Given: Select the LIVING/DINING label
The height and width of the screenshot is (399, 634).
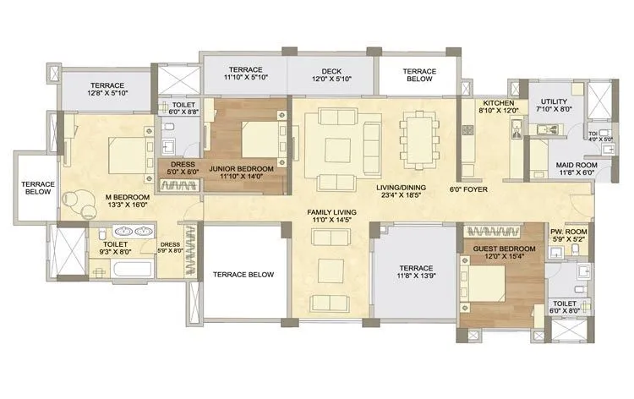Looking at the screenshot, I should [x=402, y=188].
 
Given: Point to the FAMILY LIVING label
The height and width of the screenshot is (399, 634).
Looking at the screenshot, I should [x=331, y=211].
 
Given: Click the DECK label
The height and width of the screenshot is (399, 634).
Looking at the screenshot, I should [x=331, y=72].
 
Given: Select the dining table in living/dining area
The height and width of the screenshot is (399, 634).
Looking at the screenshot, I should [x=417, y=138].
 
